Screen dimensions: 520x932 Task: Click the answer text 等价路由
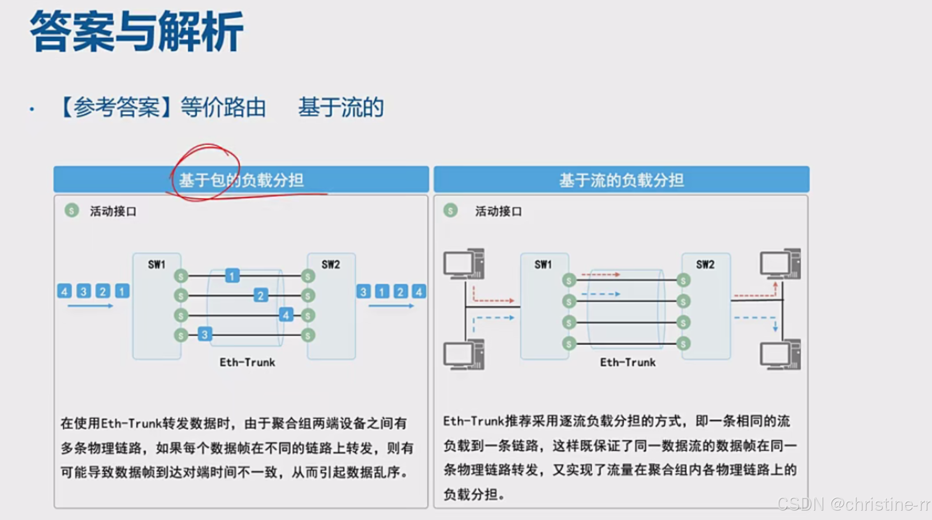(223, 108)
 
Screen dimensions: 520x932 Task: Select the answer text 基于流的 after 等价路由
(341, 108)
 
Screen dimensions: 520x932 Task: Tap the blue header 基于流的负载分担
(621, 180)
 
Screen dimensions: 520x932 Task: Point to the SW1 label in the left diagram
(157, 265)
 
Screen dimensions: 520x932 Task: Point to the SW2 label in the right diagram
(705, 265)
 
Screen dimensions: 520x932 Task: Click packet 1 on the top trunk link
(232, 276)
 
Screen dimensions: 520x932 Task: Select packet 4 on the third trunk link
(286, 315)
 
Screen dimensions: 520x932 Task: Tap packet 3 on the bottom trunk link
(205, 334)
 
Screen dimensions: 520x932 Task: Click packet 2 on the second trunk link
(260, 295)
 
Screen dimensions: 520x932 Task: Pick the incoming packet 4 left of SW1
(65, 291)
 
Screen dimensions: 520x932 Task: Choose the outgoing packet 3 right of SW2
(363, 292)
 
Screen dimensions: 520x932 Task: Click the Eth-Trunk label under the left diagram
(247, 362)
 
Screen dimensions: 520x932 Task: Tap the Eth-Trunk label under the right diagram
(628, 362)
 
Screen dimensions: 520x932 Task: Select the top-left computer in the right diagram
(464, 264)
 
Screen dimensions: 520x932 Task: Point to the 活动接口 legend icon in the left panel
(72, 211)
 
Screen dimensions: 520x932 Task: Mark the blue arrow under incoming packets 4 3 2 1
(90, 306)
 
